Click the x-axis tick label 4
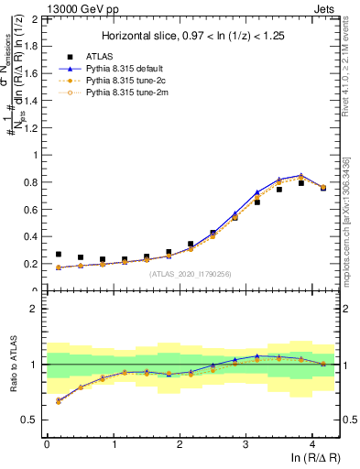tap(312, 443)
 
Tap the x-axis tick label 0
tap(47, 443)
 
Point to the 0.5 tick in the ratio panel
tap(30, 420)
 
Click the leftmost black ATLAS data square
tap(59, 255)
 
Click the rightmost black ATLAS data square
tap(322, 188)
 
